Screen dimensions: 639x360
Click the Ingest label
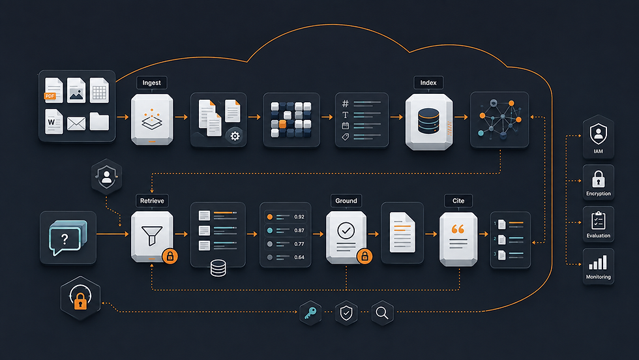tap(151, 83)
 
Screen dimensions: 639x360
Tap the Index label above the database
tap(428, 83)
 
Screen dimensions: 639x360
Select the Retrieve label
tap(152, 201)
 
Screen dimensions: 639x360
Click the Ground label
tap(346, 201)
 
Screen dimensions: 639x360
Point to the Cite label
tap(458, 201)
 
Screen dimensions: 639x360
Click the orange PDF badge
tap(50, 96)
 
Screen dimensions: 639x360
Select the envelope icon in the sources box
tap(76, 123)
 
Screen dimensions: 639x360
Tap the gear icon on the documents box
tap(235, 136)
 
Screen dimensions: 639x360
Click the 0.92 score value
tap(299, 217)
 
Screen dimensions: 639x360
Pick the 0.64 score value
tap(299, 257)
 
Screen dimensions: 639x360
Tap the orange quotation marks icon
tap(458, 230)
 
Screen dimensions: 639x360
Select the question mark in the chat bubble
tap(65, 239)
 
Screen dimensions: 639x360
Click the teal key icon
tap(310, 313)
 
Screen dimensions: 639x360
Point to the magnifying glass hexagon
tap(382, 313)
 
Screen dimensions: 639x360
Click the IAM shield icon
tap(599, 133)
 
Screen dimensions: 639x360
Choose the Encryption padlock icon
tap(599, 179)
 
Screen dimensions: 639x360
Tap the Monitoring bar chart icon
tap(598, 262)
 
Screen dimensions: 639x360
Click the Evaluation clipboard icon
tap(599, 220)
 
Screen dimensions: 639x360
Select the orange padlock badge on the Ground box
tap(364, 256)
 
